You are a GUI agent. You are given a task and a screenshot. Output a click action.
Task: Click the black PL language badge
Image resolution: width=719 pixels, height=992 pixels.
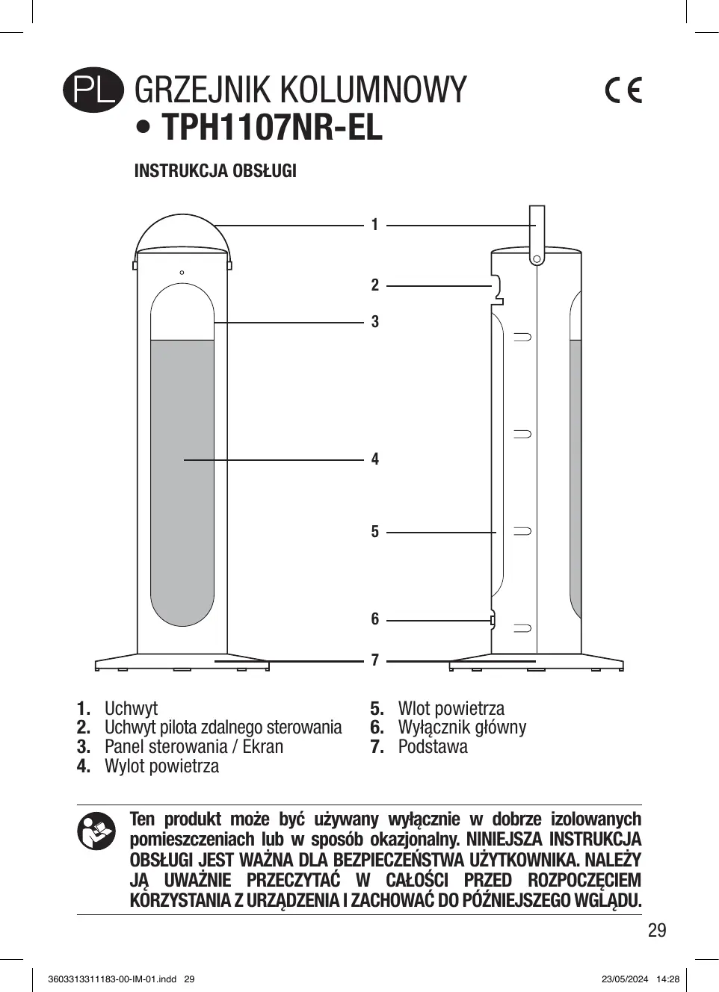pos(93,90)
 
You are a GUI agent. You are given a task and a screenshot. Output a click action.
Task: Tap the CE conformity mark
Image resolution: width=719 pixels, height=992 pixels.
pos(623,90)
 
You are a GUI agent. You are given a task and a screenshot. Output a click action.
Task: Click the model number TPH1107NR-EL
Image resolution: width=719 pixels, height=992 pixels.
pos(271,127)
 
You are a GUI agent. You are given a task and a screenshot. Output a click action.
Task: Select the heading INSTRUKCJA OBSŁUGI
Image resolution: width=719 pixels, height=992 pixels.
pos(215,171)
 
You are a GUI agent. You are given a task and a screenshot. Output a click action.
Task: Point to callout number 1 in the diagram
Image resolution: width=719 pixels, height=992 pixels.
pos(375,225)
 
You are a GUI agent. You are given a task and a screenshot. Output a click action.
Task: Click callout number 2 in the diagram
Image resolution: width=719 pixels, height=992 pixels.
pos(375,285)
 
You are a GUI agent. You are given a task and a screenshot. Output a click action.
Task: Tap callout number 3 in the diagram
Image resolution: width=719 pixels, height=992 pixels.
pos(375,322)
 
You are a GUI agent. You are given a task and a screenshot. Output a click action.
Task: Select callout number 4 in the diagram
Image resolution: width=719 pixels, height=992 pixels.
pos(375,459)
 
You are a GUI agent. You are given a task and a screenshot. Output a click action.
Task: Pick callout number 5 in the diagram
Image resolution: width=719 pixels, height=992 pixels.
pos(375,532)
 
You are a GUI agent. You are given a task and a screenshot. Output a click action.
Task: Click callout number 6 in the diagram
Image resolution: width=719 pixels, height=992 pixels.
pos(375,619)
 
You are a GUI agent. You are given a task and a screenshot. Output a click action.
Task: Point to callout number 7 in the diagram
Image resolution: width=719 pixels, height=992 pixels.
pos(375,660)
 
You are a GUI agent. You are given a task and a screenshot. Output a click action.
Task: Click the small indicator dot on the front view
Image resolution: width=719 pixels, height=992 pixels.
pos(182,273)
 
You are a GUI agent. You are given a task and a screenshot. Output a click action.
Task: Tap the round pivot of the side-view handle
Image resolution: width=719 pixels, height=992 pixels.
pos(537,259)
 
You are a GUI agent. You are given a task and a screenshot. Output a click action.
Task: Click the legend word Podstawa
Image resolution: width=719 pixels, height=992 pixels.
pos(433,747)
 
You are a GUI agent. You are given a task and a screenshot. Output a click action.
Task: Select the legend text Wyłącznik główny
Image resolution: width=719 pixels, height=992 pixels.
pos(462,728)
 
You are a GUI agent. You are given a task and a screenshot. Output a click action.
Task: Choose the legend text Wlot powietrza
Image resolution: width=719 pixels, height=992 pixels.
pos(451,708)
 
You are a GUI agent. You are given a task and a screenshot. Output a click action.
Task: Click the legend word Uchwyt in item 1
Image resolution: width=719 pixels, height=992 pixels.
pos(131,708)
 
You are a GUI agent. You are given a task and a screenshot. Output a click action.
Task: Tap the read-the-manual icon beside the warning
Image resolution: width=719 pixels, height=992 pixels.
pos(96,831)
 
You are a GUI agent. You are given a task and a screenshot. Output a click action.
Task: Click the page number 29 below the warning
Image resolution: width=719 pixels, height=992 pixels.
pos(656,930)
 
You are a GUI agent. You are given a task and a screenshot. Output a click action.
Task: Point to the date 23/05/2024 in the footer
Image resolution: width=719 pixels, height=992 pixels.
pos(624,979)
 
